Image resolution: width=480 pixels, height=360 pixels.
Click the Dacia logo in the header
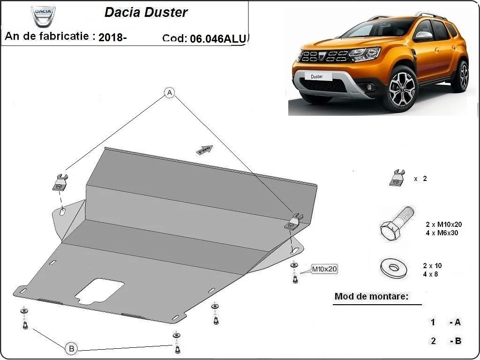pyautogui.click(x=43, y=16)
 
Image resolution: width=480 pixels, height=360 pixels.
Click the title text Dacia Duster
pyautogui.click(x=146, y=13)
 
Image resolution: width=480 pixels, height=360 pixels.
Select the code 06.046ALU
pyautogui.click(x=217, y=39)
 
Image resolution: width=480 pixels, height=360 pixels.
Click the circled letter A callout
pyautogui.click(x=169, y=93)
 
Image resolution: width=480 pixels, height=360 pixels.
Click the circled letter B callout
pyautogui.click(x=71, y=348)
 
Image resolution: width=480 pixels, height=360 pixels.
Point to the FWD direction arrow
pyautogui.click(x=205, y=150)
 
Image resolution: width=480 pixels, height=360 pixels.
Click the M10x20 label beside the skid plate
pyautogui.click(x=324, y=270)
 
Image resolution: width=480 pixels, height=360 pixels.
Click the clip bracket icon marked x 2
pyautogui.click(x=397, y=178)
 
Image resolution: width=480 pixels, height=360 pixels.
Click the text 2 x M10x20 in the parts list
pyautogui.click(x=444, y=225)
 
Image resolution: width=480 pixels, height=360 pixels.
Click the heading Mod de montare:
pyautogui.click(x=371, y=296)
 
